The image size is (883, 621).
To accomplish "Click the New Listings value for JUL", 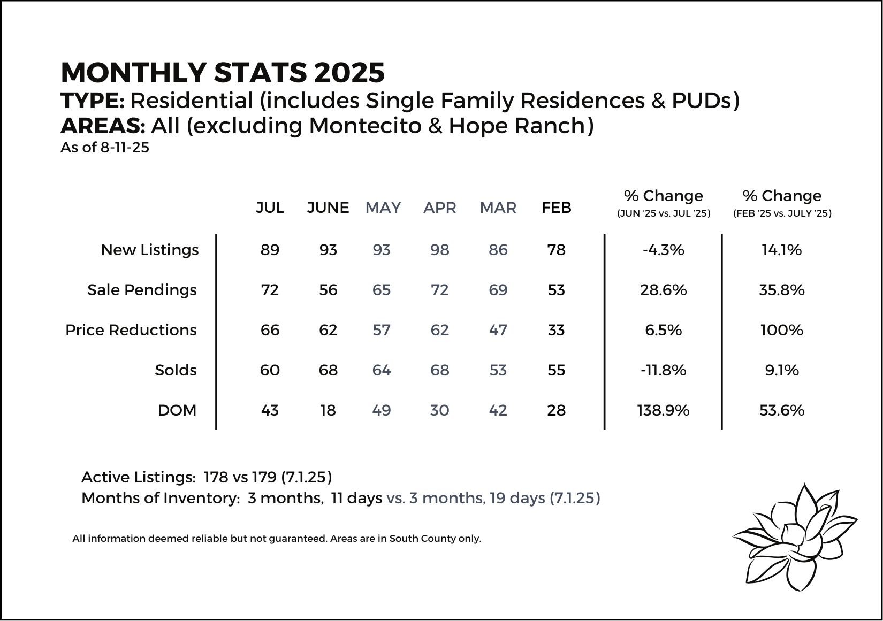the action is (270, 250).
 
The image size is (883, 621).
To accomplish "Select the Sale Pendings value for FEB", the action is (556, 290).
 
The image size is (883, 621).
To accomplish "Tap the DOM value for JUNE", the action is (328, 410).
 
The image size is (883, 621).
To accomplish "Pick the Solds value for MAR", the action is (498, 370).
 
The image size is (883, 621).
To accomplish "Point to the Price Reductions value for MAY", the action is (381, 330).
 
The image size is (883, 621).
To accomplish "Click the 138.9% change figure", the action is (664, 410).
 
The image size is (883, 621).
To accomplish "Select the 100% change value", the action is (782, 330).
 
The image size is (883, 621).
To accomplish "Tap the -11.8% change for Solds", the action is (664, 370).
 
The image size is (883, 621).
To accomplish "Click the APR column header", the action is (439, 208).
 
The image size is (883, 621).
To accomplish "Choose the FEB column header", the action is (556, 208).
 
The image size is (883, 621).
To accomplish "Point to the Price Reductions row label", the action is (131, 330).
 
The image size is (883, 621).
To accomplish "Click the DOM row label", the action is (177, 410).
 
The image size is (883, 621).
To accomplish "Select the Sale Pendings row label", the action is (142, 290).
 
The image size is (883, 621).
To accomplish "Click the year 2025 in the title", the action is (349, 73).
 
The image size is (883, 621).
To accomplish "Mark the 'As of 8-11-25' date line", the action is (105, 148).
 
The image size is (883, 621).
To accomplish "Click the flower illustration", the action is (794, 536).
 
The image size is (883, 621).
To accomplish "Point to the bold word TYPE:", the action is (93, 101).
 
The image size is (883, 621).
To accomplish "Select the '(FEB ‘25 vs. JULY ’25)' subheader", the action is (782, 213).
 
